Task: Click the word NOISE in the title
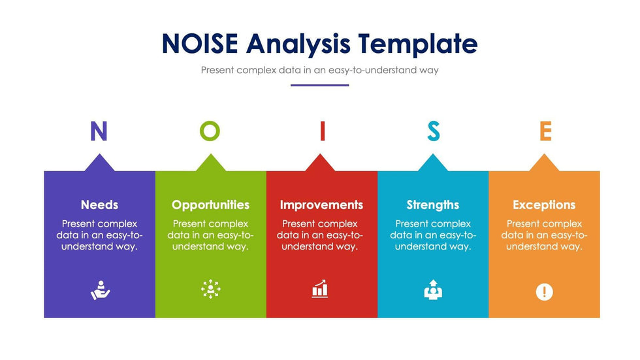pos(200,43)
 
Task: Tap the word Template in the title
pos(418,44)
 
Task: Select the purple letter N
pos(99,131)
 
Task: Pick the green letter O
pos(210,131)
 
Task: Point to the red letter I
pos(323,131)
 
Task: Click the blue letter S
pos(434,131)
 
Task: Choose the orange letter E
pos(546,131)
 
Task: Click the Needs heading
pos(99,205)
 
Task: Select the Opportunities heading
pos(210,205)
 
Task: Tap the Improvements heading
pos(321,205)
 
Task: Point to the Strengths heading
pos(432,205)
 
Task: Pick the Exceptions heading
pos(544,205)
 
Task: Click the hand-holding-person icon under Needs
pos(100,290)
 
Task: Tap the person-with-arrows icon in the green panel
pos(210,289)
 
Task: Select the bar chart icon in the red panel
pos(320,289)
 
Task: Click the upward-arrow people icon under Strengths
pos(433,290)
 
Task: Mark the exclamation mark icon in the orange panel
pos(544,292)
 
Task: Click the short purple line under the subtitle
pos(319,86)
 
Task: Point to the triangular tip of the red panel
pos(320,154)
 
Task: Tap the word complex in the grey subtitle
pos(256,70)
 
